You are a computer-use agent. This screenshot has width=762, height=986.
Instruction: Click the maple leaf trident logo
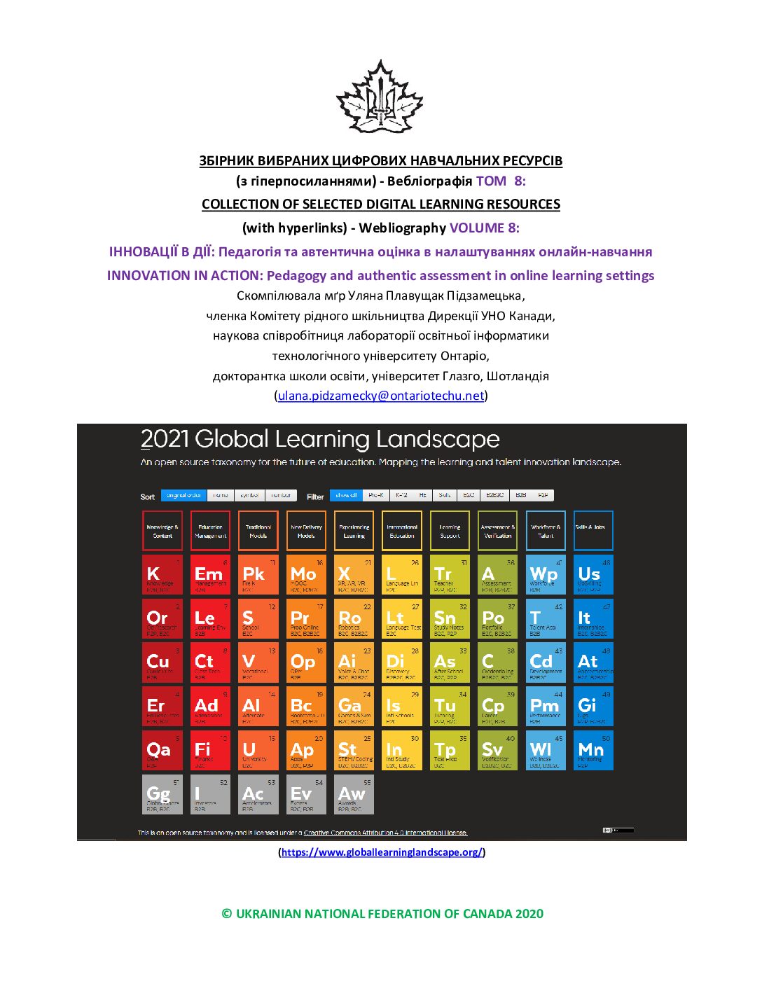380,98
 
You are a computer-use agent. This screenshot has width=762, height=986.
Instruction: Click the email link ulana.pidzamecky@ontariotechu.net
381,396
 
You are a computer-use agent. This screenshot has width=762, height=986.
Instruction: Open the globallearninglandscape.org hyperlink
382,852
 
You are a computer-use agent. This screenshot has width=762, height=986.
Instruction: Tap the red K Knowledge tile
162,575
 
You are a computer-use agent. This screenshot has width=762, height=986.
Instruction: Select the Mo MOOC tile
306,575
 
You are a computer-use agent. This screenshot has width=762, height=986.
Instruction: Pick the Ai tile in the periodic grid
354,662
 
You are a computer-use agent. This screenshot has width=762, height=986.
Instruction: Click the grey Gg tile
162,794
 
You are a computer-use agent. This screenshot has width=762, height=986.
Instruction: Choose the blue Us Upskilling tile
593,575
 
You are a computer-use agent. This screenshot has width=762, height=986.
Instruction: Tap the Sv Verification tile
497,750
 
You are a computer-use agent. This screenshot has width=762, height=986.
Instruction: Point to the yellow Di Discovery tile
402,662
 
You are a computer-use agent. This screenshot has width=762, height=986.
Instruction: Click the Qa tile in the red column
162,750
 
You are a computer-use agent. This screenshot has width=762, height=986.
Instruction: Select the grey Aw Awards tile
354,794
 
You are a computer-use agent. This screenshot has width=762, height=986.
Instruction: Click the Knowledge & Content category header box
162,531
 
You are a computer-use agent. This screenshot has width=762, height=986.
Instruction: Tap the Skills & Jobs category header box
593,531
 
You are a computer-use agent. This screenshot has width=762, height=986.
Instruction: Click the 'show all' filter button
346,495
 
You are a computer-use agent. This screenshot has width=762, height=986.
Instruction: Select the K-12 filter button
401,495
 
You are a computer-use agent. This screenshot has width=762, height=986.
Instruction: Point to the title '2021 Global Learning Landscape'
320,439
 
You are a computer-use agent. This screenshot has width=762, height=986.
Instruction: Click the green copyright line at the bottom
382,913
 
